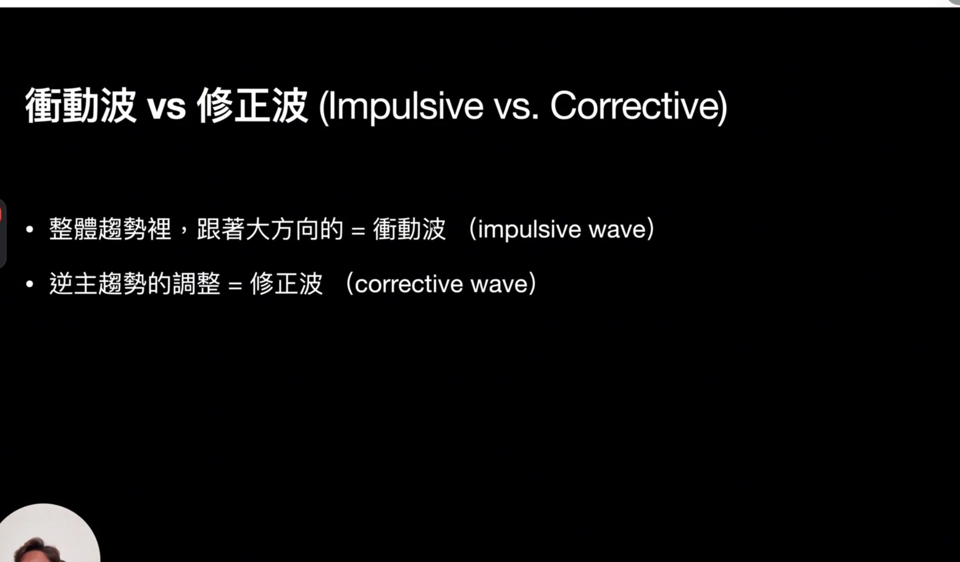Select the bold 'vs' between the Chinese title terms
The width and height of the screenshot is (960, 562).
click(x=166, y=107)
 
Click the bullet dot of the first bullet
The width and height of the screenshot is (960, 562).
click(x=30, y=229)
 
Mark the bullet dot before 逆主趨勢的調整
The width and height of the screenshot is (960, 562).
click(x=30, y=284)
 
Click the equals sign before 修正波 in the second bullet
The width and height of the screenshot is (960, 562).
click(x=235, y=285)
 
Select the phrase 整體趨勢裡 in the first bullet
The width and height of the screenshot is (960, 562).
click(x=110, y=229)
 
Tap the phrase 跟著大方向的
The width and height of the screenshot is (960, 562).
click(x=270, y=229)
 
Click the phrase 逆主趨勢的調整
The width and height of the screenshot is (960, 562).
click(x=135, y=284)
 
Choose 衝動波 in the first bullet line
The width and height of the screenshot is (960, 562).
click(x=409, y=229)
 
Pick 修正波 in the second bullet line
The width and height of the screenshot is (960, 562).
click(x=286, y=284)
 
